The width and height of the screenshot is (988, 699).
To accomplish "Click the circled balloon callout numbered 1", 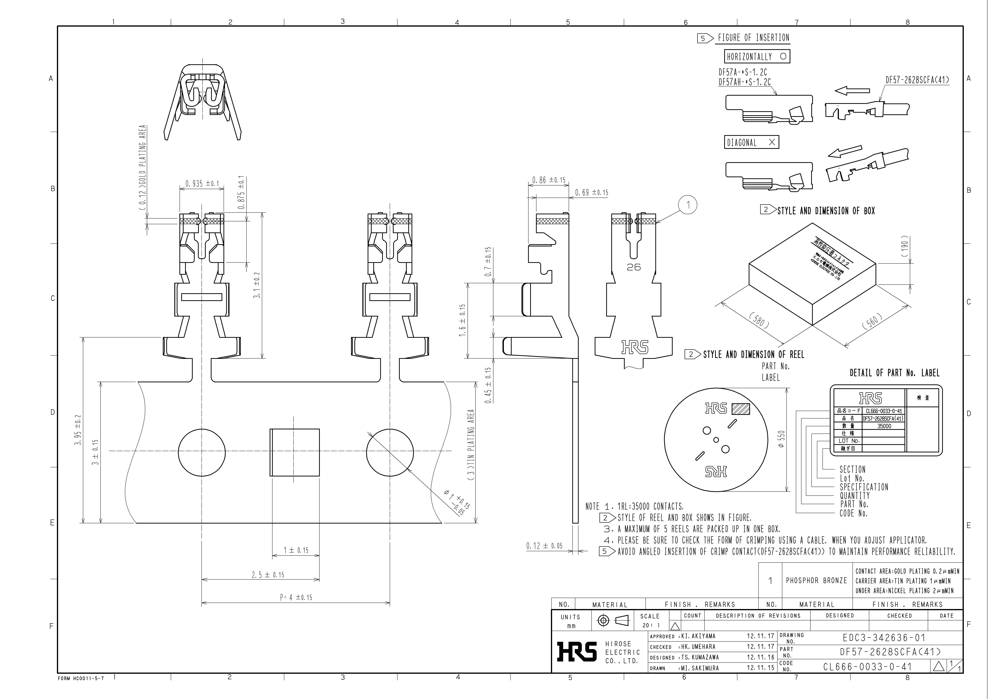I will pyautogui.click(x=688, y=205).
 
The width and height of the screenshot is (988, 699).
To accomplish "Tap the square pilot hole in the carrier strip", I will pyautogui.click(x=295, y=452).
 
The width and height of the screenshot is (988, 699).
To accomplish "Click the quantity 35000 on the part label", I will pyautogui.click(x=884, y=426).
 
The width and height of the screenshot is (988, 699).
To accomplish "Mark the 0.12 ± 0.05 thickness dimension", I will pyautogui.click(x=544, y=546).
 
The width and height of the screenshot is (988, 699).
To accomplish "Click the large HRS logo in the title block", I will pyautogui.click(x=577, y=652).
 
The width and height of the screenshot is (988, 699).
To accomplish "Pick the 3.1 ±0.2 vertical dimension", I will pyautogui.click(x=257, y=285).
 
